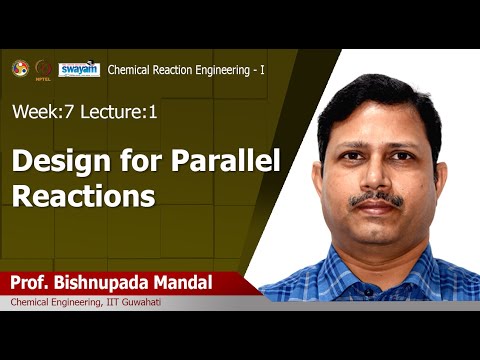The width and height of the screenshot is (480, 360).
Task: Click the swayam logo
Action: tap(78, 70)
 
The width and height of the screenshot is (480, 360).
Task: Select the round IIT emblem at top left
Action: tap(19, 68)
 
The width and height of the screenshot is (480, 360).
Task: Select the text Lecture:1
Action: tap(123, 113)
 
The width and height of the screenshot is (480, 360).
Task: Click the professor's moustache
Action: tap(377, 198)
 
